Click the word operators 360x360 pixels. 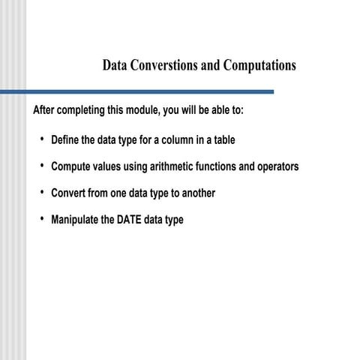pos(278,166)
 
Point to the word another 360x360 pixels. pos(196,193)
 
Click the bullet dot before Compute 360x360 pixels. pos(42,166)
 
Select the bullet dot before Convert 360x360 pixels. pos(42,193)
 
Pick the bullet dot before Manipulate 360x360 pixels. pos(42,220)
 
